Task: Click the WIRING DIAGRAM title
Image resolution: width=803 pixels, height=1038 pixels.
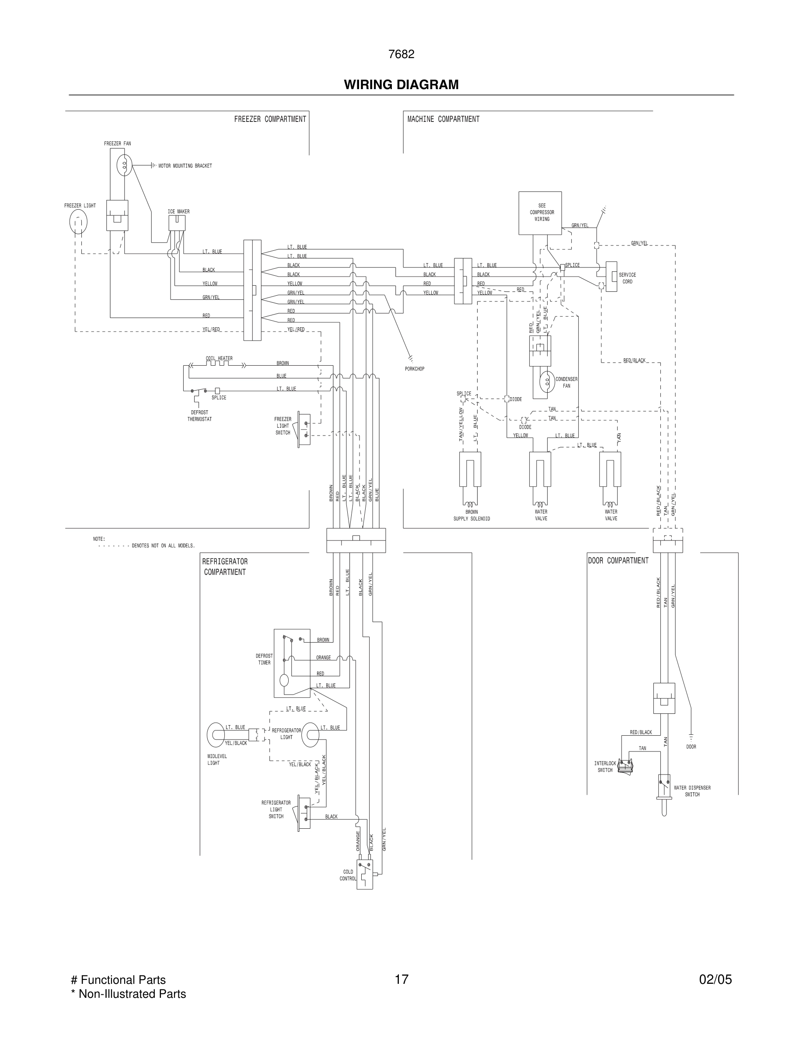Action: [x=401, y=85]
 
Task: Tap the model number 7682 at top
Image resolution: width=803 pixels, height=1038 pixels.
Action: [x=401, y=54]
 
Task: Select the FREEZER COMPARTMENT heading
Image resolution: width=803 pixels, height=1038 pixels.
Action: [x=270, y=119]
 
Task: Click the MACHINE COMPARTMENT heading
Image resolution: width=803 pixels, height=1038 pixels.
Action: [x=443, y=119]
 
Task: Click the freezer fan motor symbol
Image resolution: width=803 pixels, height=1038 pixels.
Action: [x=124, y=166]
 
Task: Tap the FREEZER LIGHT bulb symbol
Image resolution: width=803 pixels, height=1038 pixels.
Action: [x=78, y=221]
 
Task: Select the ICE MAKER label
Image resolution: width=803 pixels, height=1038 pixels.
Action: [x=178, y=211]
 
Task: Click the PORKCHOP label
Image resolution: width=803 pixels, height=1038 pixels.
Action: [x=414, y=369]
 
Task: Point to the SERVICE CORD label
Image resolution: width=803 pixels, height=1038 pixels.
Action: [x=627, y=278]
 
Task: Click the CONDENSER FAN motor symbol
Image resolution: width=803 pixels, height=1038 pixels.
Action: [x=547, y=382]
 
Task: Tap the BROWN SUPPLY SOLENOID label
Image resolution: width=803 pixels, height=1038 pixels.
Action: [x=471, y=515]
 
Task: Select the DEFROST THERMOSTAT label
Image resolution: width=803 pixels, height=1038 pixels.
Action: [x=199, y=416]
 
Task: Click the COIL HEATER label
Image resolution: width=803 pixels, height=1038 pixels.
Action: [x=219, y=358]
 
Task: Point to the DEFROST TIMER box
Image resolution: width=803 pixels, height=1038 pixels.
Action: [x=292, y=664]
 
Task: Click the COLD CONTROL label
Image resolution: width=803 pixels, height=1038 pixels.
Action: [x=348, y=875]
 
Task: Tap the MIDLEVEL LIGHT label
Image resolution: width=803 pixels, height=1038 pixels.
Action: [x=216, y=759]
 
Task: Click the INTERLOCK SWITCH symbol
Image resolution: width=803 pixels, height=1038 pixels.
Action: [x=625, y=767]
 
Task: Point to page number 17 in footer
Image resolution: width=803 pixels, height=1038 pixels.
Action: [x=401, y=979]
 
